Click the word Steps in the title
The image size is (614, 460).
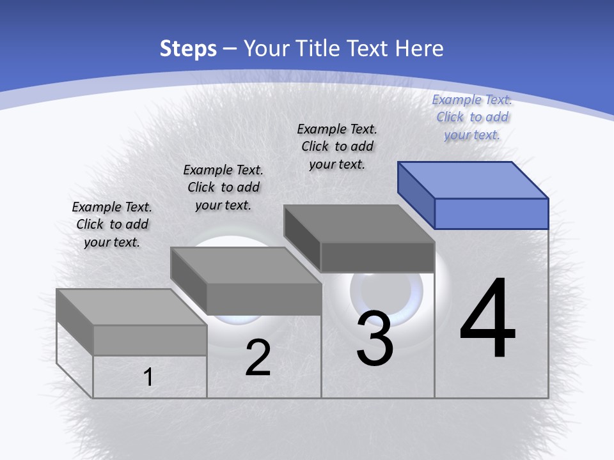(x=188, y=49)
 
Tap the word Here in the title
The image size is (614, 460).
(x=420, y=49)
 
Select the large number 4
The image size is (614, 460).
(x=487, y=319)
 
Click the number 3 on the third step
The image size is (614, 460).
(x=375, y=339)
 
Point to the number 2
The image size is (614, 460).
(x=258, y=358)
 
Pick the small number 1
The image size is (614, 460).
(x=148, y=378)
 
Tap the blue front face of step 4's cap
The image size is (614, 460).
(x=491, y=213)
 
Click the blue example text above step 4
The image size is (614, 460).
(x=472, y=117)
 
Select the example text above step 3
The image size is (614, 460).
(x=337, y=146)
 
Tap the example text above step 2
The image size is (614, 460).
(x=223, y=187)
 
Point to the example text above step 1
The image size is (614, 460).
(x=112, y=224)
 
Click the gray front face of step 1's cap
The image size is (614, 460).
(x=150, y=340)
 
